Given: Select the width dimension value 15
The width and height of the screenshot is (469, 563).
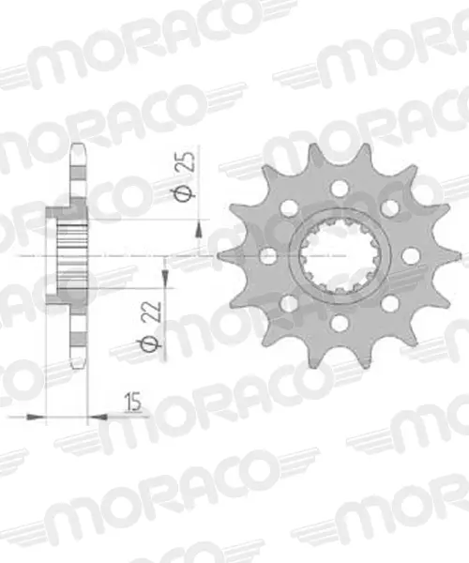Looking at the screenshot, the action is pos(132,403).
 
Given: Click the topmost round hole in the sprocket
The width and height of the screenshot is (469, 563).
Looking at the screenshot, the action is pos(340,188).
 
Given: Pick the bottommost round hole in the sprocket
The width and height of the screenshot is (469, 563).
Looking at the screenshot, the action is pos(340,323).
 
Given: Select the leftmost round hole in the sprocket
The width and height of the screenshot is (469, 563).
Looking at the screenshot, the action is pos(268,256).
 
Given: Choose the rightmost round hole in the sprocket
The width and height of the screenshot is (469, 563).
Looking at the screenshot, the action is pos(411,256).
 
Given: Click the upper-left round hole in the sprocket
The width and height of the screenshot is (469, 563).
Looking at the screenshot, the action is pos(290,208).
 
